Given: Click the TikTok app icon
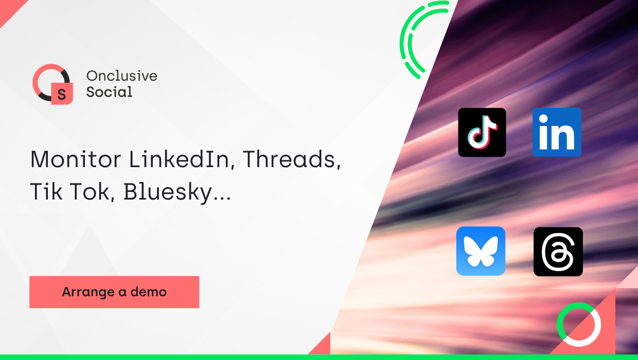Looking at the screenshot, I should [x=482, y=132].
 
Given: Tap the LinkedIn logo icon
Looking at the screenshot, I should [x=557, y=132].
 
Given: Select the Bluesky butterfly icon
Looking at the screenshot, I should [x=481, y=251].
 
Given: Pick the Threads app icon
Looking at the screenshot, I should [x=558, y=251].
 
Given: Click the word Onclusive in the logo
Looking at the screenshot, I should [x=121, y=76].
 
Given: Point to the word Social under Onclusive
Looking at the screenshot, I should [x=109, y=92].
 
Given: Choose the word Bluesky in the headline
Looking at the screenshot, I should [x=176, y=192].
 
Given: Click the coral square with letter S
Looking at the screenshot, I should [x=62, y=94].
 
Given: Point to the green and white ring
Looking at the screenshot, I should [x=579, y=324].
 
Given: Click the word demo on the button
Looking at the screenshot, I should [x=149, y=292].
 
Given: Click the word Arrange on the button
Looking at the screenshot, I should [x=88, y=292].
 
